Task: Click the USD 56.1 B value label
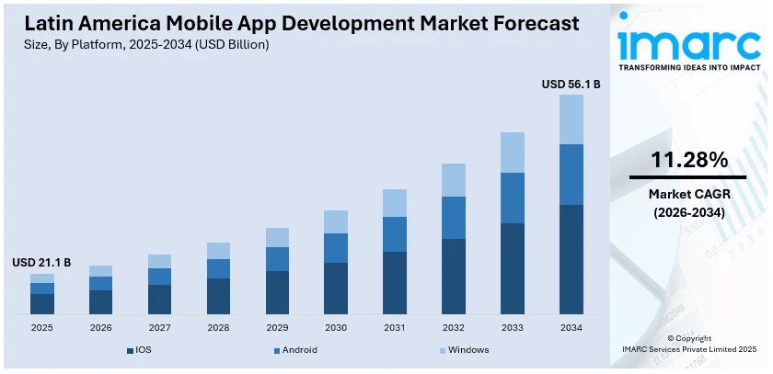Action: (571, 84)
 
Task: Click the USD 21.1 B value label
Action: (41, 263)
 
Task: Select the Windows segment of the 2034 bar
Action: (571, 119)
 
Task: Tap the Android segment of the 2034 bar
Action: (571, 174)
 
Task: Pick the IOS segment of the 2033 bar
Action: (513, 268)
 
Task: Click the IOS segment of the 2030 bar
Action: (336, 288)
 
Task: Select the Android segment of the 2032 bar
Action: (454, 217)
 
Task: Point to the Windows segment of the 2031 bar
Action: (395, 203)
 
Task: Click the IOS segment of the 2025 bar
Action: (42, 303)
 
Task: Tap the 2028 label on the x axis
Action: (218, 327)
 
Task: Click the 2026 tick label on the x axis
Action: (100, 327)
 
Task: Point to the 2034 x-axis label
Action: (571, 327)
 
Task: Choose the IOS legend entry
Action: (143, 350)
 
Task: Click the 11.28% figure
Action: (689, 160)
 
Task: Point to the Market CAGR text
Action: (689, 194)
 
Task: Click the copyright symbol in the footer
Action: (671, 338)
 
